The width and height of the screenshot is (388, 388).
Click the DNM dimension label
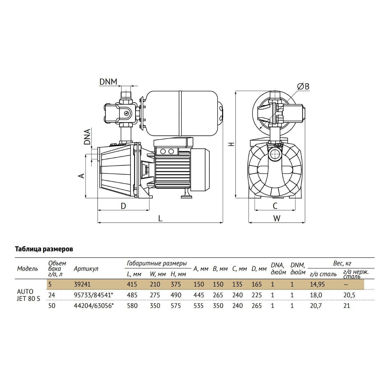coord(108,82)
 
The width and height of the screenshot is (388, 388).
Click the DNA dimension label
coord(87,137)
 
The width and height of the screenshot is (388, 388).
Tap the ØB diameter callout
coord(303,86)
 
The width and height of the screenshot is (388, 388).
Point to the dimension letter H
coord(232,144)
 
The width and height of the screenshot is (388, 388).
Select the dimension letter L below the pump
coord(160,218)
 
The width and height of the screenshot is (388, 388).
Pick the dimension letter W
coord(277,218)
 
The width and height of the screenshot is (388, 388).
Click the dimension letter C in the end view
coord(275,206)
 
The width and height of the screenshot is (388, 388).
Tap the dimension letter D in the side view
coord(123,206)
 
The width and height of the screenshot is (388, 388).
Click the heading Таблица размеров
coord(44,249)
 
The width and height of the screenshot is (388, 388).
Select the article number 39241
coord(82,284)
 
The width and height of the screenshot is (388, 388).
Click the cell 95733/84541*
coord(94,295)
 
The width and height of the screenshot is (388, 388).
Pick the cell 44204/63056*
coord(94,306)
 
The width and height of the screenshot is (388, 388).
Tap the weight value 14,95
coord(317,284)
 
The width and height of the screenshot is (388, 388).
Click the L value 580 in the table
coord(132,306)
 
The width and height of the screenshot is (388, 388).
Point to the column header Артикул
coord(86,269)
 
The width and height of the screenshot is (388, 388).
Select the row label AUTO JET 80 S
coord(29,295)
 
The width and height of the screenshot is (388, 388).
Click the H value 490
coord(176,295)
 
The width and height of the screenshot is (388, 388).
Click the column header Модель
coord(27,269)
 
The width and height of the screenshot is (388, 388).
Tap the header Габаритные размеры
coord(157,263)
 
